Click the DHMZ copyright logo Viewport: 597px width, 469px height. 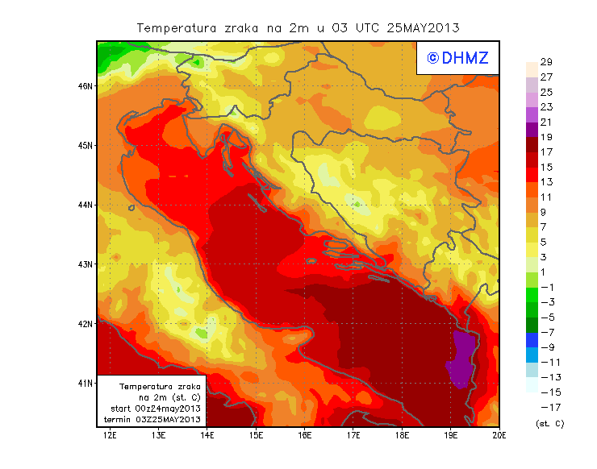click(x=457, y=58)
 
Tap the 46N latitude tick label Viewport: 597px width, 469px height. click(x=86, y=85)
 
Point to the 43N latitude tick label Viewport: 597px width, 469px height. click(x=86, y=264)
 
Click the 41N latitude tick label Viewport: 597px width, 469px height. click(x=86, y=383)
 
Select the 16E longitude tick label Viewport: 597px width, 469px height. click(x=305, y=436)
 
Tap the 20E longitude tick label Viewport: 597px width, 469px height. click(x=499, y=436)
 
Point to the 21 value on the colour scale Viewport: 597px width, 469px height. click(x=545, y=122)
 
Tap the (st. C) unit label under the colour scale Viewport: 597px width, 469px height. click(x=549, y=423)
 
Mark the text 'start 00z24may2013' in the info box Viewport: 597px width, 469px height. click(x=155, y=409)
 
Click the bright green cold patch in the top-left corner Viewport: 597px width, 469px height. click(x=111, y=56)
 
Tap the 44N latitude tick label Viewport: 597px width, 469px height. click(x=86, y=205)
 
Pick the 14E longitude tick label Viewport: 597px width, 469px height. click(x=207, y=436)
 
